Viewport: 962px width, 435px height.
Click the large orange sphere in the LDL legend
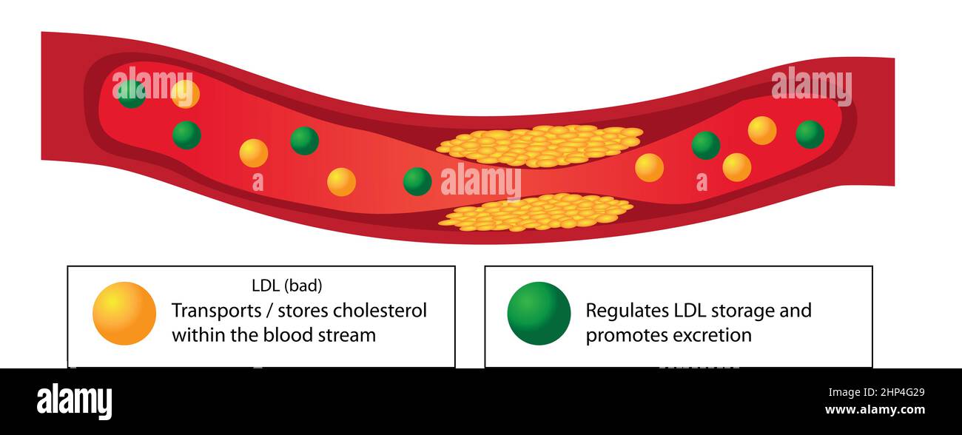[x=124, y=313]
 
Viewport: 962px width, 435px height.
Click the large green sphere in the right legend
[x=539, y=313]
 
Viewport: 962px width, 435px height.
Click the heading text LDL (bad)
[x=287, y=285]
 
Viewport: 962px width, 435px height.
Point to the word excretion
[x=712, y=335]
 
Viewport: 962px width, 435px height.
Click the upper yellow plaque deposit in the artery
[x=540, y=145]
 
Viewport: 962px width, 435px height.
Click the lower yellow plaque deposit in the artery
[x=536, y=212]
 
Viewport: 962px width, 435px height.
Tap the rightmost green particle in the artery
[x=810, y=134]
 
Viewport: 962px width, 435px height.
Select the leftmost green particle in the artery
[x=132, y=94]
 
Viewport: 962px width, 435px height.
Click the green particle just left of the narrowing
[x=417, y=181]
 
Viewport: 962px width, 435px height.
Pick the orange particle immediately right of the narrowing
[x=649, y=167]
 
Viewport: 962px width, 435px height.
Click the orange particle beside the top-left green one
[x=185, y=94]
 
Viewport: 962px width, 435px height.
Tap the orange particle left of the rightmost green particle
[x=761, y=130]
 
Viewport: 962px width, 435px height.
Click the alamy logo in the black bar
[x=74, y=402]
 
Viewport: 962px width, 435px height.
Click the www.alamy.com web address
[x=874, y=410]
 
